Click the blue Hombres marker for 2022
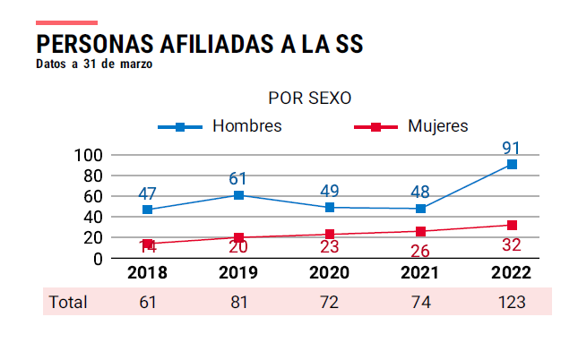point(512,164)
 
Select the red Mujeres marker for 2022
point(512,225)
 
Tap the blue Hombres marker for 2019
point(239,194)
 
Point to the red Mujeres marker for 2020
point(330,235)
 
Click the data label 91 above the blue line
point(512,148)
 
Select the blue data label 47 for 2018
point(148,193)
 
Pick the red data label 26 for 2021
point(420,251)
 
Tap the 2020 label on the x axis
point(330,273)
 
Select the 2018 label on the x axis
point(148,273)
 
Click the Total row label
point(68,303)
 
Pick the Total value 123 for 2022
point(512,303)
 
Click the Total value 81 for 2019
point(239,303)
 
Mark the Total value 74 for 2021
point(420,303)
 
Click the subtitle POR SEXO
point(309,98)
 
